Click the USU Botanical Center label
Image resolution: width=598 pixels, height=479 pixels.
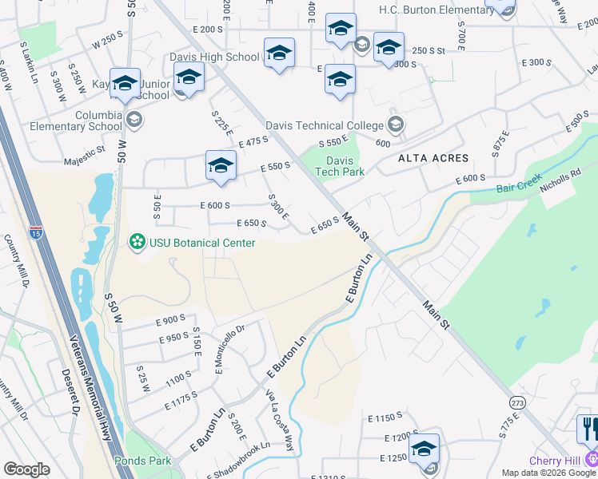tap(201, 243)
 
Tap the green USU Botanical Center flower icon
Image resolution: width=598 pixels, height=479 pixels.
tap(137, 240)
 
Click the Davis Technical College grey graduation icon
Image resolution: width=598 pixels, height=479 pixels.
tap(395, 125)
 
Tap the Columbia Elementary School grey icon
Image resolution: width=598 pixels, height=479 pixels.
tap(134, 121)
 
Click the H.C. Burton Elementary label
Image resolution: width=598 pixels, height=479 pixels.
tap(437, 10)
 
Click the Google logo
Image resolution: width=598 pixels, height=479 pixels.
tap(26, 469)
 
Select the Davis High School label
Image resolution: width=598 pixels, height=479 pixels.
tap(214, 57)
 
